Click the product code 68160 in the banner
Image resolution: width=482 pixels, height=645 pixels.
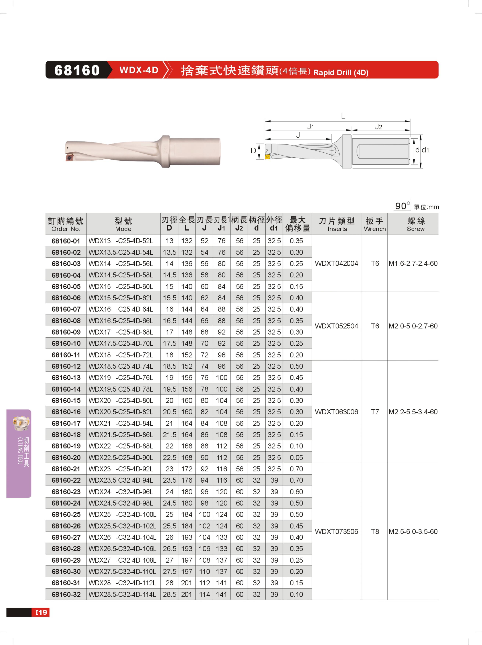[77, 70]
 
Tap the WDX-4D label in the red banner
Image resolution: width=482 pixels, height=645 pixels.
[139, 70]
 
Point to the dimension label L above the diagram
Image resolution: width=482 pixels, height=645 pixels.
[343, 116]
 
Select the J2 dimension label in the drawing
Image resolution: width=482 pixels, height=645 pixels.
[378, 126]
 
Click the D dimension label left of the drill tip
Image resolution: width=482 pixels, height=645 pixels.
[253, 150]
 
